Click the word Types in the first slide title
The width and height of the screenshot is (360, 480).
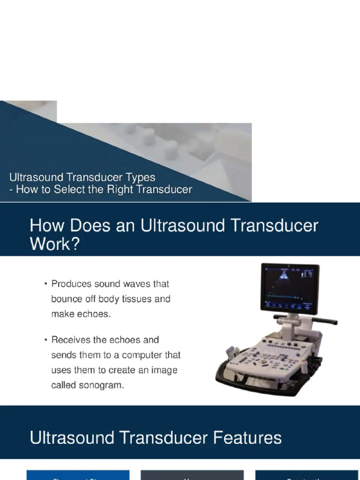tap(138, 178)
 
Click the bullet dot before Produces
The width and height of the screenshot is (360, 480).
tap(45, 284)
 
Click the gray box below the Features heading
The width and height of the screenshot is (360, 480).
tap(192, 474)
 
